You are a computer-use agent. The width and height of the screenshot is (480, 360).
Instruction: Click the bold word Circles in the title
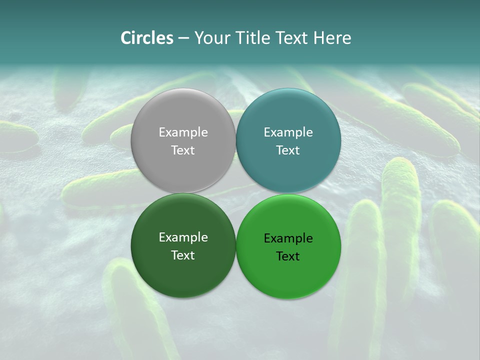pos(147,38)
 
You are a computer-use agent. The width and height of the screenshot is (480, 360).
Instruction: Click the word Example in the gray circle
pos(183,132)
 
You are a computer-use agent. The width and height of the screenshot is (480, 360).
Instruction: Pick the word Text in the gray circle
pos(183,150)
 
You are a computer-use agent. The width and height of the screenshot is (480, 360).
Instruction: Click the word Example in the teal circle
pos(288,132)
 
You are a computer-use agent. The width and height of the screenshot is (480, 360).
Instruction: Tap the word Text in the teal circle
pos(288,150)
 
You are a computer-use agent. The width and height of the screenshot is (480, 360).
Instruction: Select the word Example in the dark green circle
pos(183,237)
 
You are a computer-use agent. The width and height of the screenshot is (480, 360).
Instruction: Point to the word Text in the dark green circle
pos(183,255)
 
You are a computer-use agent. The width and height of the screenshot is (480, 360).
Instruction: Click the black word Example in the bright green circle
pos(288,238)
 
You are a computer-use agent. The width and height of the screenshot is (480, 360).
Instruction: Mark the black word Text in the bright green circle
pos(288,256)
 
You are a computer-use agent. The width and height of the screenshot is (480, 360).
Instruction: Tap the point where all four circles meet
pos(235,193)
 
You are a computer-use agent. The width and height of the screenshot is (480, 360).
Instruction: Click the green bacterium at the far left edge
pos(17,136)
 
